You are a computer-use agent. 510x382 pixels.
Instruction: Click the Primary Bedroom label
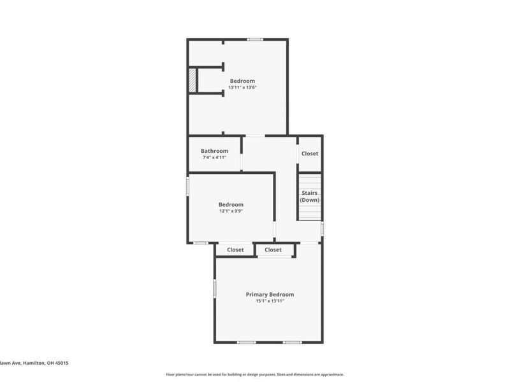point(270,294)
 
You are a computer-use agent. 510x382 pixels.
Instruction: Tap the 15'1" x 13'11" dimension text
point(270,301)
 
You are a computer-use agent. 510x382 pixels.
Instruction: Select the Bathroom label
point(214,151)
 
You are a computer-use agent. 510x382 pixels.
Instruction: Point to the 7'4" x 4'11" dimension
point(214,157)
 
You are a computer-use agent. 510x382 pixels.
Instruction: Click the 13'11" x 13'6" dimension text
point(242,88)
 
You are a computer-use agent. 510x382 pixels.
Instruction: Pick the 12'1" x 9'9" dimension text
point(231,211)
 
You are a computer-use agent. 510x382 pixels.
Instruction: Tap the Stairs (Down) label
point(310,196)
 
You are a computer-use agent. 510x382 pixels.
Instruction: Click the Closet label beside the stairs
point(310,153)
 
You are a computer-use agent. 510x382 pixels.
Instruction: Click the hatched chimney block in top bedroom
point(192,80)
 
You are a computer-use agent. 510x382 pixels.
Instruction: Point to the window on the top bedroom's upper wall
point(255,40)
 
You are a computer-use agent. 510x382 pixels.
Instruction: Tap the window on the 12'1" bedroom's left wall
point(187,185)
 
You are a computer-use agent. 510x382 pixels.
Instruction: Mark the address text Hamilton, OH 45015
point(45,363)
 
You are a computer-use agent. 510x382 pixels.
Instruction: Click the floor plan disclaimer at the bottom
point(255,374)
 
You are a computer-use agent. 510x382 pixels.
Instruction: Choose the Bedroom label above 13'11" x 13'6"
point(242,81)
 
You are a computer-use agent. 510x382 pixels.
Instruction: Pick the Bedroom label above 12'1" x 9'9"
point(231,204)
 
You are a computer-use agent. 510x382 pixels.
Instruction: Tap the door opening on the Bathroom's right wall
point(241,161)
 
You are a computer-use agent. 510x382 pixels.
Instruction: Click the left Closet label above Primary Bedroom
point(235,250)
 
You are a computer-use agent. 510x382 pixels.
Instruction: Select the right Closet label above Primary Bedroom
point(273,250)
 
